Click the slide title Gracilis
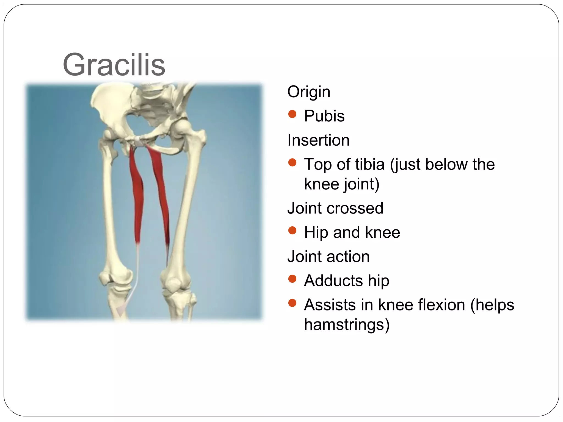point(114,65)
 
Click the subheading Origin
point(308,92)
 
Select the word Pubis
point(324,116)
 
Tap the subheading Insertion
point(318,140)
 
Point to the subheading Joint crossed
point(335,208)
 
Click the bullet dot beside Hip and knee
point(292,231)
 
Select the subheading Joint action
point(328,256)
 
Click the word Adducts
point(333,281)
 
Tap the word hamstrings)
point(347,324)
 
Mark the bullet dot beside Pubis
point(292,114)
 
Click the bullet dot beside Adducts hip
point(292,279)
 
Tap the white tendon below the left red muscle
point(136,275)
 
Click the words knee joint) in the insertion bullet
point(341,184)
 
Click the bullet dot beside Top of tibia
point(292,163)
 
